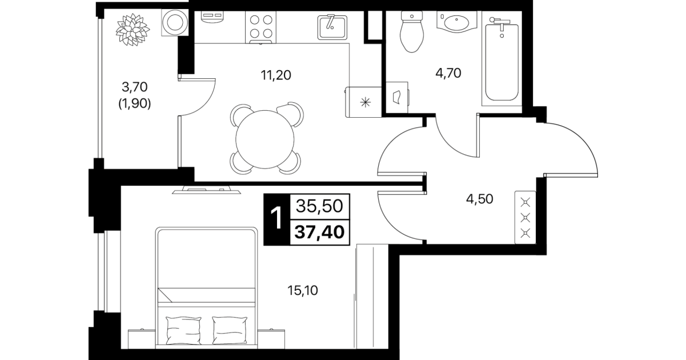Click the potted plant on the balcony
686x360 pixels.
(x=133, y=29)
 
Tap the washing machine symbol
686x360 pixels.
(x=175, y=22)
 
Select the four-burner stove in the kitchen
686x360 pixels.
(x=260, y=27)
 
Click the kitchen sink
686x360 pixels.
(x=332, y=27)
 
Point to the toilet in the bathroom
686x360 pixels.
(x=412, y=31)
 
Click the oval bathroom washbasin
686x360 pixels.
(x=456, y=22)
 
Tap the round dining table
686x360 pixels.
(x=265, y=139)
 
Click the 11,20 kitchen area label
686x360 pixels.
(x=276, y=75)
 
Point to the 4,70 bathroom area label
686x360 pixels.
(x=448, y=74)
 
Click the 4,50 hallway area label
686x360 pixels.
(x=480, y=199)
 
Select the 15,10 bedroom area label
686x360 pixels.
(x=303, y=290)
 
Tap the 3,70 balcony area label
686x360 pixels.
(x=135, y=87)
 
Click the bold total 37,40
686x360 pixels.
(x=319, y=232)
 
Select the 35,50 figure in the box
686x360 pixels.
(x=319, y=206)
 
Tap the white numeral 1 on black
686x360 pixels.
(x=276, y=218)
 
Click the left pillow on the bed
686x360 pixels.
(x=183, y=330)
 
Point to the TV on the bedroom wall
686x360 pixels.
(x=206, y=190)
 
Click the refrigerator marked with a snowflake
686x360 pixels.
(x=363, y=102)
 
